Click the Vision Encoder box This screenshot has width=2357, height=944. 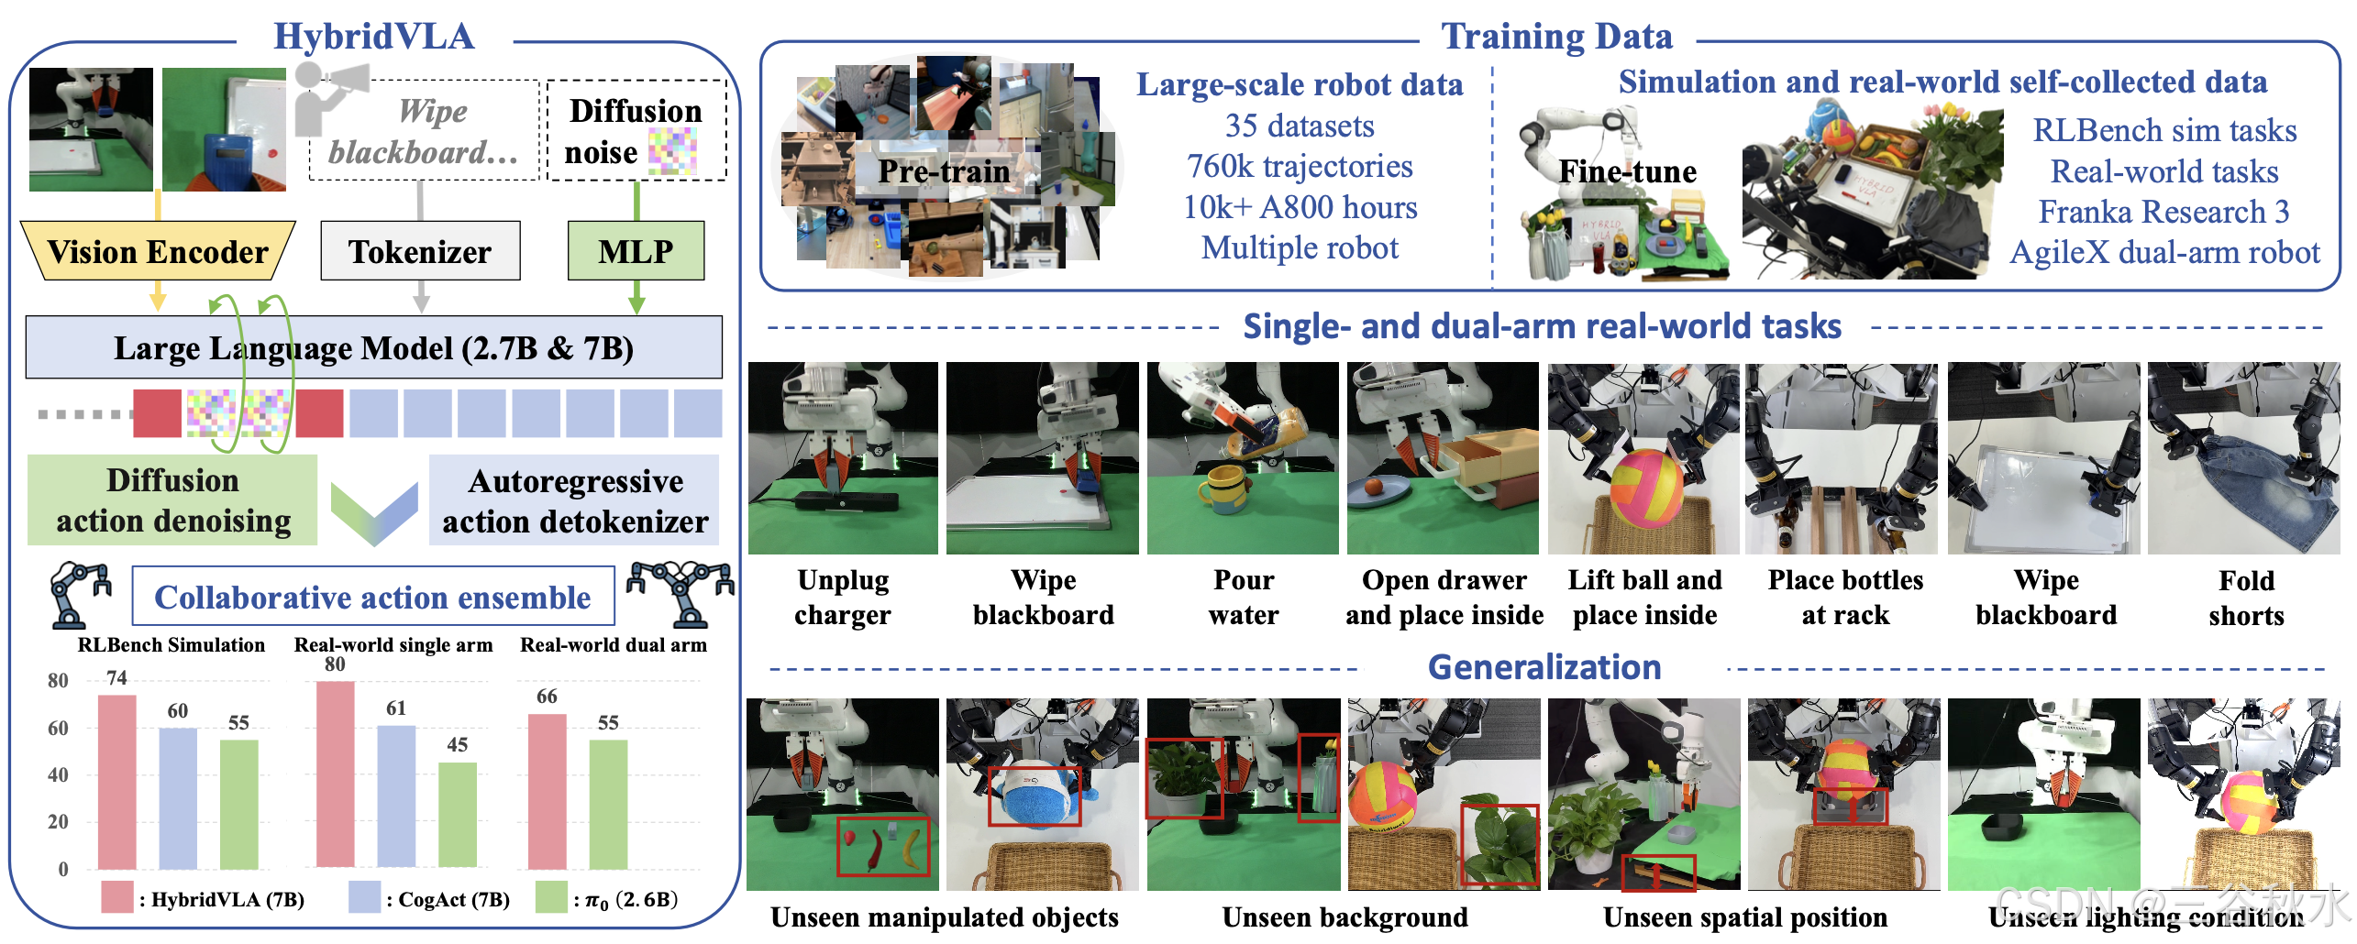click(158, 251)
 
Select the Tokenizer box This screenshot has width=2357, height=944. click(420, 251)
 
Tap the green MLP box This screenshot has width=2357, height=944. click(636, 250)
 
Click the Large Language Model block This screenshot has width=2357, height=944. click(373, 348)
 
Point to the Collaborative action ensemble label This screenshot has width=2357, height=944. click(372, 598)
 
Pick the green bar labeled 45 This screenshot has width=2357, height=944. click(457, 814)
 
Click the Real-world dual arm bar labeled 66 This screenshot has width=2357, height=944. click(547, 790)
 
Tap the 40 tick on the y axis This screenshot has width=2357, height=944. click(58, 775)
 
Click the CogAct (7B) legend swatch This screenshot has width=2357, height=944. click(364, 897)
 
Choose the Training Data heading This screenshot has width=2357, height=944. click(1556, 37)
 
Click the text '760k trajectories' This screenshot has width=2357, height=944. click(1300, 167)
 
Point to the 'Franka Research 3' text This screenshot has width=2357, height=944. click(2163, 212)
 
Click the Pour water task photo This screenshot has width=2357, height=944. click(1243, 458)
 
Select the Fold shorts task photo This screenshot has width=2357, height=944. click(2243, 458)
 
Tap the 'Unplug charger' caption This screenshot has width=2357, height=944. click(842, 598)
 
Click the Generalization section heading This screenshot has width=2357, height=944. click(1544, 667)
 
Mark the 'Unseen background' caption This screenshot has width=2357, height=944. click(1344, 917)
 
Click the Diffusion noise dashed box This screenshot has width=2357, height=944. click(636, 130)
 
